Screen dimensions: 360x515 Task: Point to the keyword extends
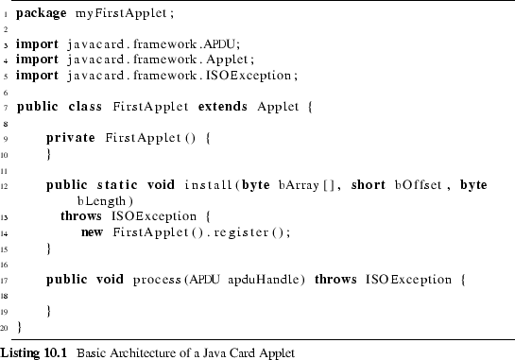coord(224,106)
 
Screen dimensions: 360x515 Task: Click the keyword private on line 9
coord(71,137)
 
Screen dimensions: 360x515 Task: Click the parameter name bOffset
coord(418,185)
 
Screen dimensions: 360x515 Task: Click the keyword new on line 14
coord(92,231)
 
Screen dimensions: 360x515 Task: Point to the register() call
coord(249,231)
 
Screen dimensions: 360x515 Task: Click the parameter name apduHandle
coord(266,280)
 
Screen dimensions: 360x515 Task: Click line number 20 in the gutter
coord(6,327)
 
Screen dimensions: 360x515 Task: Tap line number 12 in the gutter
coord(6,185)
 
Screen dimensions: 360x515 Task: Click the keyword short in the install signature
coord(369,185)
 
